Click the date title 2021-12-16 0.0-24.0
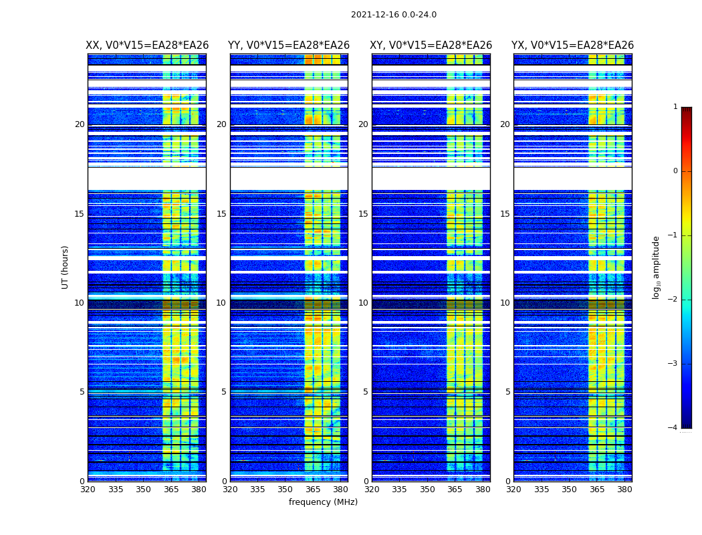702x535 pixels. pos(393,15)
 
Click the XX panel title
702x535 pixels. pos(147,45)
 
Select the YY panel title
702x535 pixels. pos(289,45)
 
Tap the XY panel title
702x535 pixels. pos(431,45)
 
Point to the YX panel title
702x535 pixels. pos(572,45)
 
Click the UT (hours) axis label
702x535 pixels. pos(66,267)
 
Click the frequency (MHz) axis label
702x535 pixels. pos(323,502)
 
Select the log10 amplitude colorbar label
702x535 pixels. pos(657,267)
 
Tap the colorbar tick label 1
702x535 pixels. pos(675,107)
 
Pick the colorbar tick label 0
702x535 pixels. pos(675,171)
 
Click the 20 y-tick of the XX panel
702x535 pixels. pos(80,124)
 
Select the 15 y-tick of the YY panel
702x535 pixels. pos(221,214)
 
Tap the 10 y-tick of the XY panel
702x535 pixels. pos(363,303)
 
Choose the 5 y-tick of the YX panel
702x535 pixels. pos(507,392)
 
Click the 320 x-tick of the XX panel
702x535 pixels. pos(88,490)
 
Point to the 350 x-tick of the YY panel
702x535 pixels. pos(285,490)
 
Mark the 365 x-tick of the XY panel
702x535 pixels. pos(455,490)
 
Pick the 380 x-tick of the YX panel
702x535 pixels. pos(624,490)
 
